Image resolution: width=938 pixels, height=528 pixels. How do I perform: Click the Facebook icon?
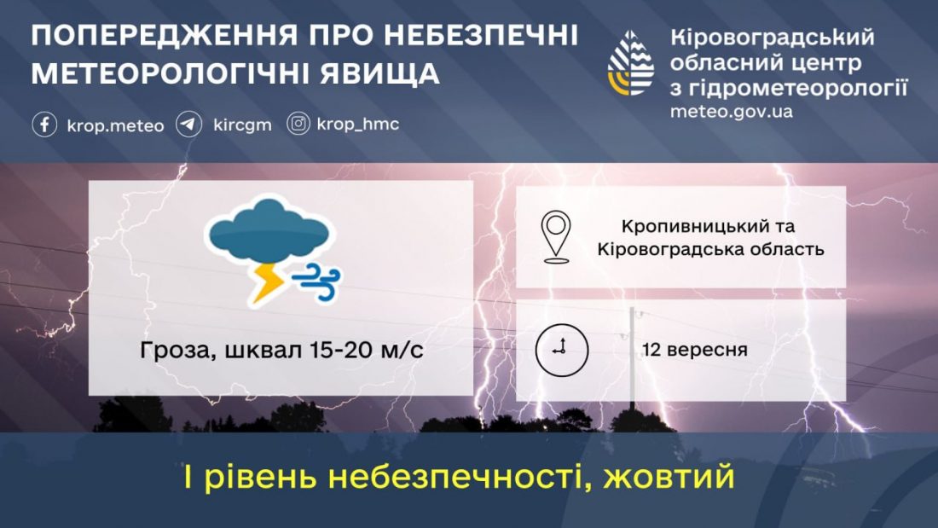point(44,125)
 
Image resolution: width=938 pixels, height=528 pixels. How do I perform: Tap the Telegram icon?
point(189,125)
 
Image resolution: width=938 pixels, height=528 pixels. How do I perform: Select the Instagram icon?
point(298,124)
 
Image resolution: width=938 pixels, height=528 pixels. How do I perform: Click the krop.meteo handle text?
point(115,125)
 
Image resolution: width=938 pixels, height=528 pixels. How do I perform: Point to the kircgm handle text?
point(242,125)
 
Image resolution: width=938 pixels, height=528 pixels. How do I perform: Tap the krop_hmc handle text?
point(358,124)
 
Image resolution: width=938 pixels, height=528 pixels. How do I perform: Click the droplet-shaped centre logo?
point(631,63)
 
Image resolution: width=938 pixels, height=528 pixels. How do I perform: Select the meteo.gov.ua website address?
point(731,112)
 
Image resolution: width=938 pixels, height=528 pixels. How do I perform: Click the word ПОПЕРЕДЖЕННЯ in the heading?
point(164,35)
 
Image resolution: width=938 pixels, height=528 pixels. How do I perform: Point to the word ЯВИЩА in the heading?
point(379,73)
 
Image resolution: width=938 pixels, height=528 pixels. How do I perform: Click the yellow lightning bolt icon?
point(266,282)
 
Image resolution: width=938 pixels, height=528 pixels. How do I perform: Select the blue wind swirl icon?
point(316,281)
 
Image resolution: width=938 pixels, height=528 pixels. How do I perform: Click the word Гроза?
point(174,350)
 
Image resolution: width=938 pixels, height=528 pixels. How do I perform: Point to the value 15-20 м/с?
point(367,350)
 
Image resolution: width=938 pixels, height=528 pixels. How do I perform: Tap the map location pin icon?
point(556,237)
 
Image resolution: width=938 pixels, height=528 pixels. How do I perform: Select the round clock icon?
point(562,351)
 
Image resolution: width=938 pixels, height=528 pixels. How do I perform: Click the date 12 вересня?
point(694,350)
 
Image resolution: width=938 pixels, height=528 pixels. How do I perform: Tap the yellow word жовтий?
point(669,477)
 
